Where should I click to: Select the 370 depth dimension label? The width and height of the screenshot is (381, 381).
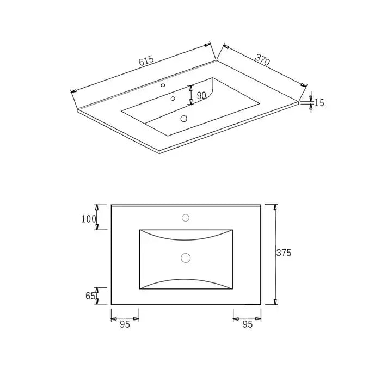click(x=262, y=59)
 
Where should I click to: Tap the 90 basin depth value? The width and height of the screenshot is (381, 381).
click(x=201, y=95)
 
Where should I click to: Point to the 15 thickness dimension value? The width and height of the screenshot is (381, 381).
click(x=319, y=103)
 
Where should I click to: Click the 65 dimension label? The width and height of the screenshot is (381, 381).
click(x=90, y=296)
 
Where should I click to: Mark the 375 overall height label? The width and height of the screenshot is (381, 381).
click(x=284, y=253)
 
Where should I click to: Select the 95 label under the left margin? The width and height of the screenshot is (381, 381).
click(x=125, y=324)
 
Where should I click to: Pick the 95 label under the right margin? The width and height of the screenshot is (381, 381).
click(x=247, y=324)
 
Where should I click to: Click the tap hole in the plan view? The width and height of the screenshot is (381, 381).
click(x=186, y=218)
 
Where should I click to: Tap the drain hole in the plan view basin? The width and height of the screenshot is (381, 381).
click(x=186, y=257)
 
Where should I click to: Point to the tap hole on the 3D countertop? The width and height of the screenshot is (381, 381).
click(x=163, y=85)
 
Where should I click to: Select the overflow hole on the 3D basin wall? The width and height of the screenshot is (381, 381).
click(x=173, y=99)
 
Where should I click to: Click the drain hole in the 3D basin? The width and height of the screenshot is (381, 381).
click(x=183, y=118)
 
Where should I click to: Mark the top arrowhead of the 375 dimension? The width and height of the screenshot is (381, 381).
click(x=275, y=207)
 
